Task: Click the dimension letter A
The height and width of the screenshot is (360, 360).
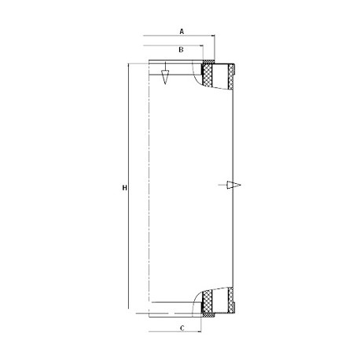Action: click(x=182, y=31)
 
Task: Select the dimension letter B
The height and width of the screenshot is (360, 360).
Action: click(x=181, y=50)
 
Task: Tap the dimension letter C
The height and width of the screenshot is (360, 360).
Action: click(x=182, y=328)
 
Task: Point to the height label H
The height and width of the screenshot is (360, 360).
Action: click(x=125, y=188)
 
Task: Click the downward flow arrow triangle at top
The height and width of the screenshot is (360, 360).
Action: click(x=165, y=77)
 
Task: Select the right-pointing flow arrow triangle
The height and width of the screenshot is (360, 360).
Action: click(x=233, y=185)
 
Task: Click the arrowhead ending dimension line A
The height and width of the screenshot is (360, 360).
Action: click(x=213, y=35)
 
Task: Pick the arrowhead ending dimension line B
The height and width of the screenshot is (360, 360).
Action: click(x=202, y=46)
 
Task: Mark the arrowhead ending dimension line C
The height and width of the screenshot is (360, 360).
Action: click(x=200, y=332)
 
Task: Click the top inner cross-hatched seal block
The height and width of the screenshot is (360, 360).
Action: click(x=208, y=75)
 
